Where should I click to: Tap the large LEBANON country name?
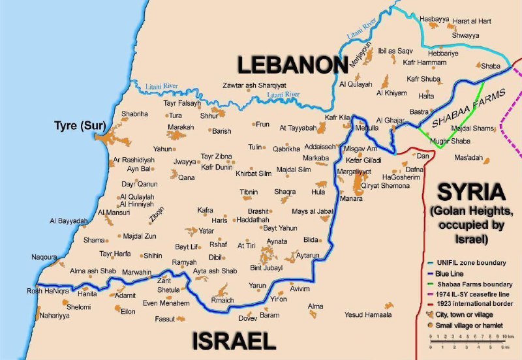291,65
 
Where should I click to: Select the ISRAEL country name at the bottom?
234,340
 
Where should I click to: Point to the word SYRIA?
471,193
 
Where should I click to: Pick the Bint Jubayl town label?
268,268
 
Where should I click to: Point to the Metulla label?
366,128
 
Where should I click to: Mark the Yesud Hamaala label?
368,314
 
